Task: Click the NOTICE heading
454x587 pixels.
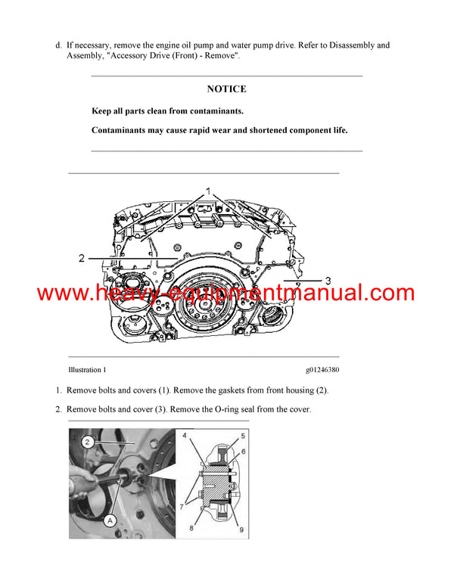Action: tap(226, 89)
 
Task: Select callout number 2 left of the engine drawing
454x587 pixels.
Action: tap(82, 259)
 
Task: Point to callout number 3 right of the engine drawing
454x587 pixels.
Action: tap(328, 281)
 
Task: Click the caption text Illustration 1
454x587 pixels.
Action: tap(87, 370)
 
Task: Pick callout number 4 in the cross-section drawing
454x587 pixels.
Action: tap(186, 436)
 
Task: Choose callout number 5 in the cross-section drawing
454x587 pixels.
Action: tap(243, 436)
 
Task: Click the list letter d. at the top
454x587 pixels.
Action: tap(59, 45)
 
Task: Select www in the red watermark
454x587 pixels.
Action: tap(61, 293)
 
